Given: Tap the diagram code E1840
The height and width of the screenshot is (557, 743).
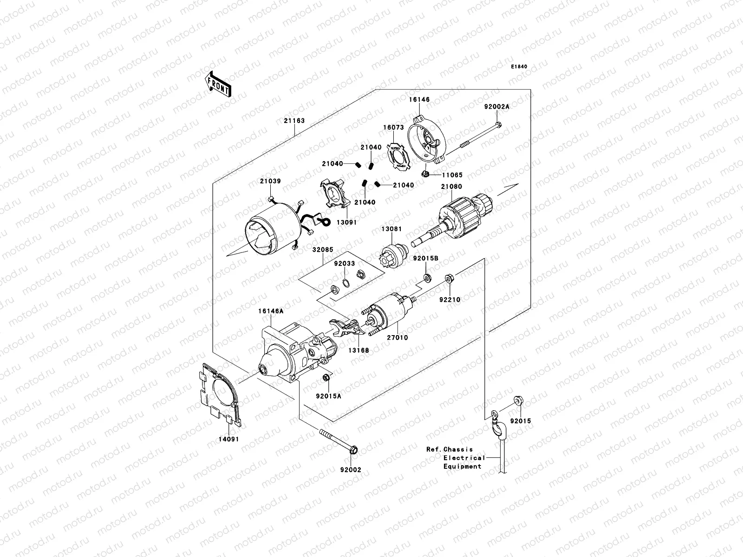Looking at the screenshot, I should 519,67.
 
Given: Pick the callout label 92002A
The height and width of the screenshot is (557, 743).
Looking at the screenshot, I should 496,106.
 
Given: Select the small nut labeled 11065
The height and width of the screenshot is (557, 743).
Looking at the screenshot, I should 424,175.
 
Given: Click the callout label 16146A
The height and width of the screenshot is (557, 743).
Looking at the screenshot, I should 271,312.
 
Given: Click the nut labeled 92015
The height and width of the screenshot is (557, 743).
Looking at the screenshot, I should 517,400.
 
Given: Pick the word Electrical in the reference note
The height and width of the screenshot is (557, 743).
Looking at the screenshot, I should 464,458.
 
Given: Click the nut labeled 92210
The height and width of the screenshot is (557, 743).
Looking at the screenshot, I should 449,279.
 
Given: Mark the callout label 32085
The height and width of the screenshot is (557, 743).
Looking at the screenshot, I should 322,249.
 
